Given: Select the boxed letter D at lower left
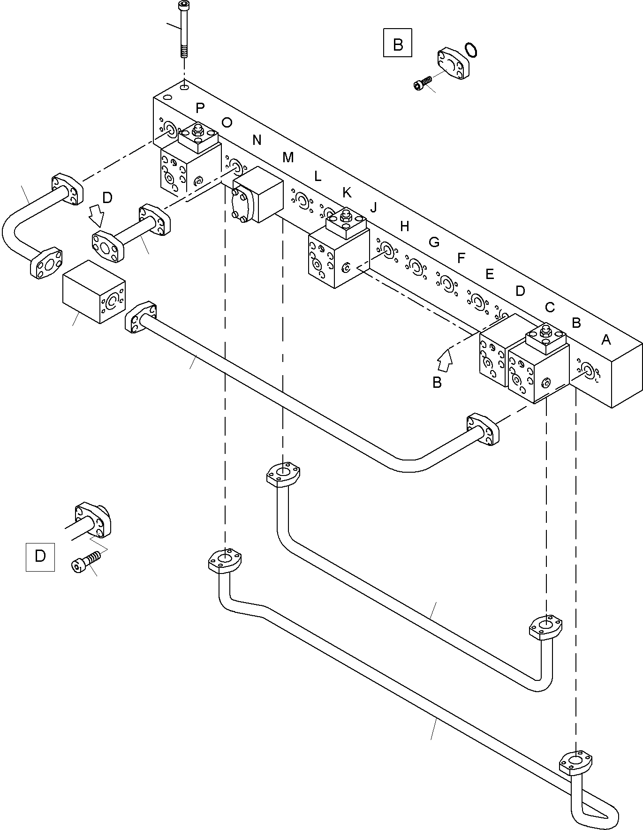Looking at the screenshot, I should point(40,557).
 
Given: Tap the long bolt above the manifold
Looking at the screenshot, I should point(183,28).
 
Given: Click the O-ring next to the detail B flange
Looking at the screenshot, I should point(471,50).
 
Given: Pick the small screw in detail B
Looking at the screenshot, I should point(422,83).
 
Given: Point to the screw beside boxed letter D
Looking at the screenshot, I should point(86,561).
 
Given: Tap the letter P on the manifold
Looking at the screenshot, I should point(200,108).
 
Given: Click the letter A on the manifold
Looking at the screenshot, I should point(606,340).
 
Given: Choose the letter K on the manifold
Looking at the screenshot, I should point(347,192).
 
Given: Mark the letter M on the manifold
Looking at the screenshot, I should point(288,158).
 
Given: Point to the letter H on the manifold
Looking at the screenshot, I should point(405,227).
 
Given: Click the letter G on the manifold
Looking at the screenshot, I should point(434,242).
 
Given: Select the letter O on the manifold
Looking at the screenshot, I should point(227,123).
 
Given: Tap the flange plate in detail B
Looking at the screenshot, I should point(453,62).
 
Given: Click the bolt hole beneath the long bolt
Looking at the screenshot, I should point(185,86).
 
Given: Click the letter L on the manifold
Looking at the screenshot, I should point(318,176).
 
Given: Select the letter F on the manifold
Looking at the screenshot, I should point(461,257).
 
